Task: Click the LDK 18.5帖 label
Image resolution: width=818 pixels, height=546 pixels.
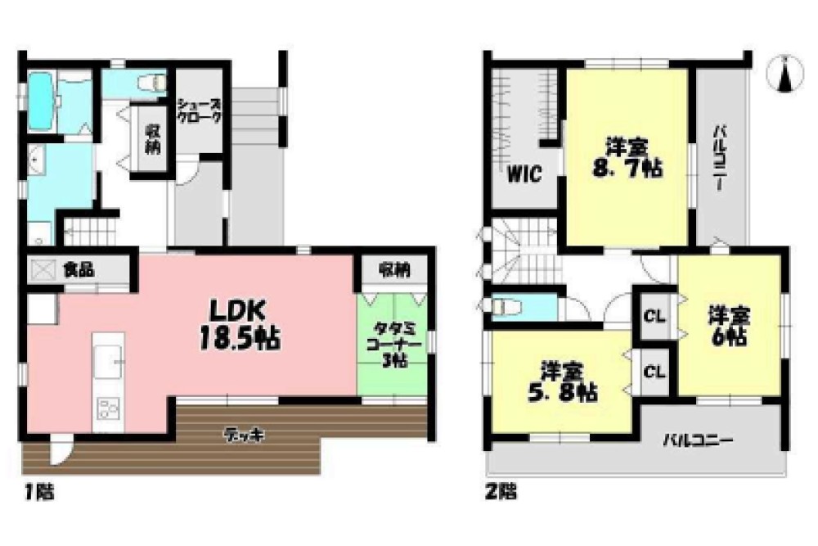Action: click(x=240, y=325)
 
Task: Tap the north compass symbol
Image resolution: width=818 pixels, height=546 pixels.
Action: click(x=784, y=74)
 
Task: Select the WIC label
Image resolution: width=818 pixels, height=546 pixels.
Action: click(x=524, y=174)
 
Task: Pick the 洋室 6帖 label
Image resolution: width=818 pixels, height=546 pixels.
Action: click(x=729, y=327)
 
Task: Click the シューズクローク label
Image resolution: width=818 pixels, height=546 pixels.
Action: click(x=199, y=111)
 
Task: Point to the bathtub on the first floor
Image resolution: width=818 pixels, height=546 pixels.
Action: click(x=39, y=101)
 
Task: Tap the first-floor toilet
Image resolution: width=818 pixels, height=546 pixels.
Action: click(x=152, y=82)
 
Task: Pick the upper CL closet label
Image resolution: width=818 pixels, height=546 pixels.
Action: click(x=654, y=316)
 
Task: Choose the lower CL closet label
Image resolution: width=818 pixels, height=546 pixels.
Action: click(x=654, y=372)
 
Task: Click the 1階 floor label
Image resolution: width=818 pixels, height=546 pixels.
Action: click(x=39, y=492)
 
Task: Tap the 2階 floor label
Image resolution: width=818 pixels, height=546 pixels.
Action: click(x=501, y=492)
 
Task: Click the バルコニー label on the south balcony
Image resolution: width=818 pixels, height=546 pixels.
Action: click(x=698, y=441)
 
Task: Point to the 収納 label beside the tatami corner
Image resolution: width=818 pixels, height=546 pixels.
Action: click(x=394, y=269)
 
